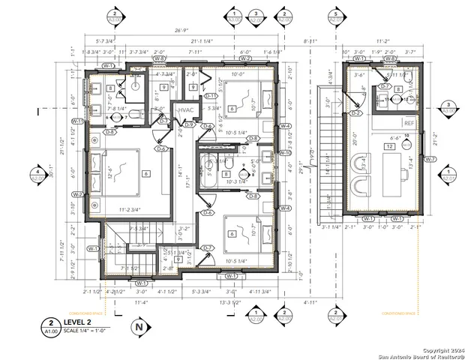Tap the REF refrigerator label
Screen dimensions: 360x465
409,123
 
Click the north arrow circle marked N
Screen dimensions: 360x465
137,327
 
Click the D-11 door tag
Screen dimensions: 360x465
211,95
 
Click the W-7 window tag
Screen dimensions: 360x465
430,159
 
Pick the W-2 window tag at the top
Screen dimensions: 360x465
244,58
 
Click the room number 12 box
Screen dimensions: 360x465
389,147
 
